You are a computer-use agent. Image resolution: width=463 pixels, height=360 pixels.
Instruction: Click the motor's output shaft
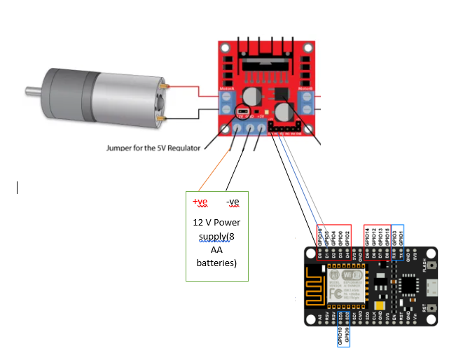point(32,90)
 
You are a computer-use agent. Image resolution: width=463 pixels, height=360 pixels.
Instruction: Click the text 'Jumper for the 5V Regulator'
point(153,148)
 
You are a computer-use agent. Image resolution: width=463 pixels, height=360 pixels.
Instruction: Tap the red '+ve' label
point(200,202)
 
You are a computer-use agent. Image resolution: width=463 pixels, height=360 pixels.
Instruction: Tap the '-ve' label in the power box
point(233,202)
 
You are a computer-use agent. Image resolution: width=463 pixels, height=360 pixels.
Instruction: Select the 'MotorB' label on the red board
point(305,89)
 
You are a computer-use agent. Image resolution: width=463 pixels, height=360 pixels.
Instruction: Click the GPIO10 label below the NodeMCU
point(340,337)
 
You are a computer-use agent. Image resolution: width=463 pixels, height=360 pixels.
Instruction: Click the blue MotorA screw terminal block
point(227,104)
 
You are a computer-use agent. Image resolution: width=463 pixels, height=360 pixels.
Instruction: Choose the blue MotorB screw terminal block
point(306,104)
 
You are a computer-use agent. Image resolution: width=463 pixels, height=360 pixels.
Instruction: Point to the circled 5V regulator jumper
point(242,112)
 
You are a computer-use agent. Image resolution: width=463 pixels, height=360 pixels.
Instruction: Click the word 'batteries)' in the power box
point(216,263)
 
